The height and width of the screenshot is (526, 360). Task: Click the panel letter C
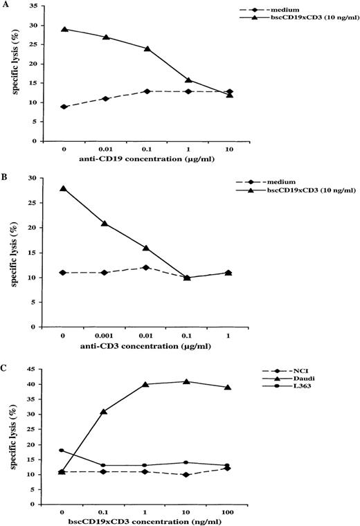point(5,353)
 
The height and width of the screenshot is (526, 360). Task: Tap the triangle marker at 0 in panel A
point(64,29)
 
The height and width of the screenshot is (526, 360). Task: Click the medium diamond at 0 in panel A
point(64,107)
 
